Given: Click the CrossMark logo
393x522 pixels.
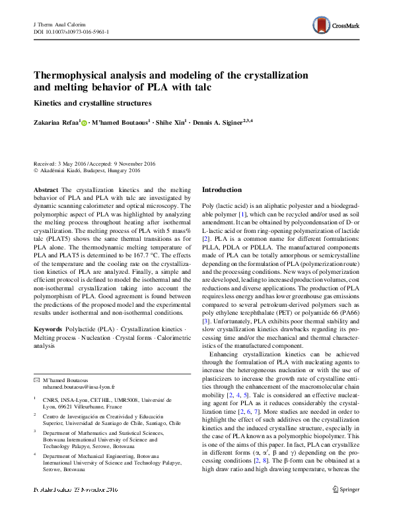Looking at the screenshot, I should coord(338,26).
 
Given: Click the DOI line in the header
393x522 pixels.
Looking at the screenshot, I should coord(71,31).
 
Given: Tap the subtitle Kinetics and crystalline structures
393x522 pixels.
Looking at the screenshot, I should coord(92,103).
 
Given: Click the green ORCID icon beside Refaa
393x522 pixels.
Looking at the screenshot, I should coord(84,123).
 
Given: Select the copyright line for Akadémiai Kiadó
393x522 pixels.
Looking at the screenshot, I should coord(89,170).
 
